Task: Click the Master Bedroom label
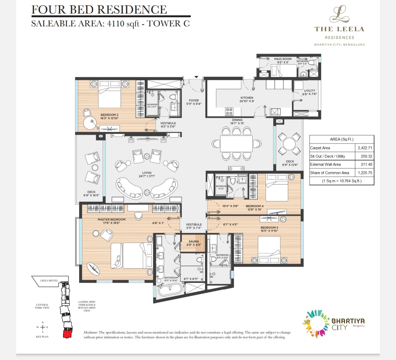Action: tap(111, 219)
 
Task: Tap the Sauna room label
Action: tap(194, 241)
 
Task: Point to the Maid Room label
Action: tap(283, 59)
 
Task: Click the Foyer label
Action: tap(194, 100)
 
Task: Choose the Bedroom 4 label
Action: tap(254, 206)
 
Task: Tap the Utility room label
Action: tap(309, 91)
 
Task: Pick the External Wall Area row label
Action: tap(325, 164)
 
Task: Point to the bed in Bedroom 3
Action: tap(269, 248)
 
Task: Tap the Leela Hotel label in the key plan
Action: tap(49, 280)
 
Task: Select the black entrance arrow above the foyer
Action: tap(197, 77)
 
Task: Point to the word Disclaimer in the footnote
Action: tap(91, 332)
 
